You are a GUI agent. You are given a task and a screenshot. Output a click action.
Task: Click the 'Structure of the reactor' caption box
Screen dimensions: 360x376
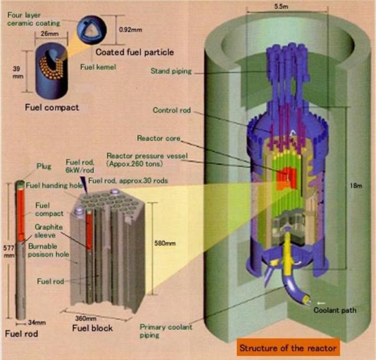288,348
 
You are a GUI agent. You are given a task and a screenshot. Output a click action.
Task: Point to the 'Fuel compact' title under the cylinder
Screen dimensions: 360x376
51,108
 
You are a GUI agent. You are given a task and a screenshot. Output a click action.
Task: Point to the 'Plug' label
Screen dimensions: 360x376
44,166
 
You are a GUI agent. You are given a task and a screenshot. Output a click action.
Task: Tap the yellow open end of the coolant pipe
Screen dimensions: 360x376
307,298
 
